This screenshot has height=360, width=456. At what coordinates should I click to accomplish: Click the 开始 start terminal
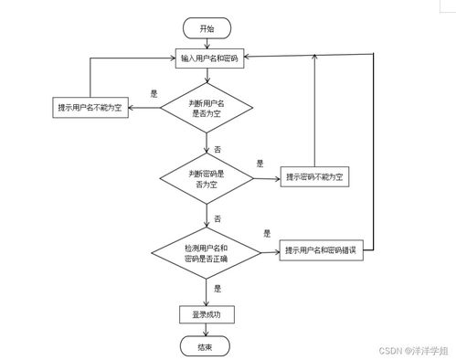pos(207,28)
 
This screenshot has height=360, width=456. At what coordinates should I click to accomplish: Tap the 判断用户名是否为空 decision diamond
pos(207,109)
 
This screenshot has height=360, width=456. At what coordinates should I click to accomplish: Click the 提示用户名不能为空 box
pos(91,109)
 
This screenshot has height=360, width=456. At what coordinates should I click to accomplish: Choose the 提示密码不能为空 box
pos(314,177)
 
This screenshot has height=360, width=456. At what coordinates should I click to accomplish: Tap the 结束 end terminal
pos(207,347)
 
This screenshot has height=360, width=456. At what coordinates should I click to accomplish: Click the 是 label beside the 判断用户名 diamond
pos(154,93)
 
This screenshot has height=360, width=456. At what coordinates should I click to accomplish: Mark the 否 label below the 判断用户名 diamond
pos(217,148)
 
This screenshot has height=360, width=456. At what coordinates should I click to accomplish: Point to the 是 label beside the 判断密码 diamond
pos(260,164)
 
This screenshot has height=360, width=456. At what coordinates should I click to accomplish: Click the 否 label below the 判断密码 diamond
pos(217,218)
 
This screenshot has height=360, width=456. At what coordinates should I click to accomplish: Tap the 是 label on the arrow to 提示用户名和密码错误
pos(266,234)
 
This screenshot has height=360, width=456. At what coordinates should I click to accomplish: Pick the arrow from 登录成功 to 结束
pos(207,331)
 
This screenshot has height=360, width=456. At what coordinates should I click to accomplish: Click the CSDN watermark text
pos(413,351)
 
